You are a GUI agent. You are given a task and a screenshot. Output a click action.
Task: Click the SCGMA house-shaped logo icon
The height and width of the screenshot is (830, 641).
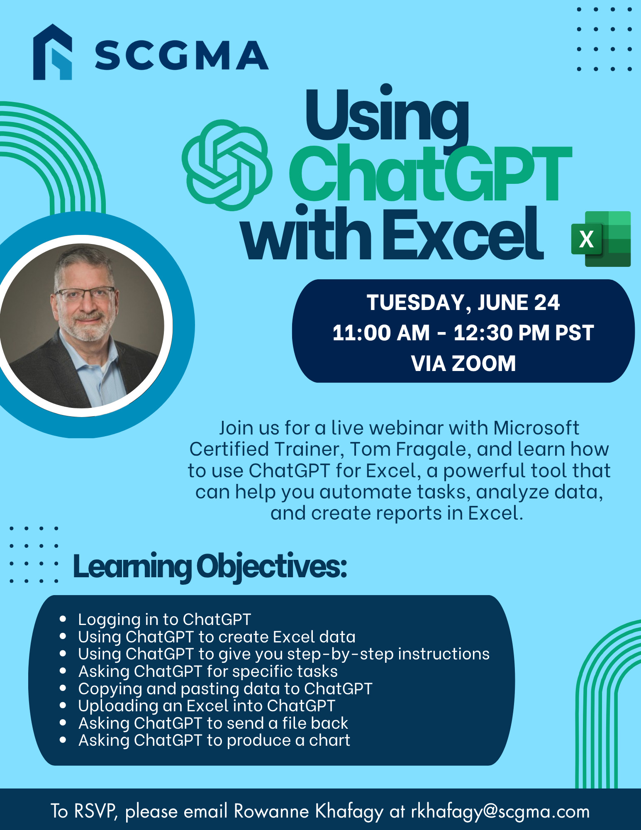(x=53, y=52)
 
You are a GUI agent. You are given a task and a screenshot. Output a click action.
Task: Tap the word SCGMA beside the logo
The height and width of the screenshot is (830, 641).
(x=182, y=55)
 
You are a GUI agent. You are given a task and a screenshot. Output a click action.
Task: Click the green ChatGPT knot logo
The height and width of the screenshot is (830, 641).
(x=227, y=165)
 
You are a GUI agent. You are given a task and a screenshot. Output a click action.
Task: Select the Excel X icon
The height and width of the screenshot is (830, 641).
(x=601, y=239)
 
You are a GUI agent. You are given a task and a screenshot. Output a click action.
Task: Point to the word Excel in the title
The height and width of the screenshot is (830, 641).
(x=463, y=234)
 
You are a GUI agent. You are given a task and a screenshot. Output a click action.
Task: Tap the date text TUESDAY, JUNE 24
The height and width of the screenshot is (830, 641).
(x=463, y=303)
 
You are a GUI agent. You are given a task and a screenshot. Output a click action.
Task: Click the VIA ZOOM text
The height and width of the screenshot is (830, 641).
(x=463, y=364)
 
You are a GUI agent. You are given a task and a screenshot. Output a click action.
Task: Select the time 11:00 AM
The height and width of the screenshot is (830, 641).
(x=381, y=333)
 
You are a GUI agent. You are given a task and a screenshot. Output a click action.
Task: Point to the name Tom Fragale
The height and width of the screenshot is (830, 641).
(x=411, y=449)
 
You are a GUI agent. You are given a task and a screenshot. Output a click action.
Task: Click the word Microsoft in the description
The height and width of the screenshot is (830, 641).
(x=536, y=428)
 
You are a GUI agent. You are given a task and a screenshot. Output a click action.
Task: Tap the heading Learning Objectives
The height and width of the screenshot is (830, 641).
(x=210, y=567)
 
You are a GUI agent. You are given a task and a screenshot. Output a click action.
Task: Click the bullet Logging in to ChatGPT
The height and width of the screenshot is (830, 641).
(x=164, y=620)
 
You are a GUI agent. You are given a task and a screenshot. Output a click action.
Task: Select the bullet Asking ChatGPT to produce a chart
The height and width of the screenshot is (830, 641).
(x=214, y=740)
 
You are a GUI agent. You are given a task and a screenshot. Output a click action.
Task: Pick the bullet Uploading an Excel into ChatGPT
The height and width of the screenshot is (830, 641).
(x=207, y=706)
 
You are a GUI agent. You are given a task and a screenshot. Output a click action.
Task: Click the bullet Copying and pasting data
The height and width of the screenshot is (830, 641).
(x=225, y=689)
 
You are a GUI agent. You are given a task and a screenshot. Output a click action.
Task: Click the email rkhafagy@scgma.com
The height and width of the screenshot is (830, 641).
(x=500, y=811)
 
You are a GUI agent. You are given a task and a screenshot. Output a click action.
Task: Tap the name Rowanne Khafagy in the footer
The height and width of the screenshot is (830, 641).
(x=309, y=811)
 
